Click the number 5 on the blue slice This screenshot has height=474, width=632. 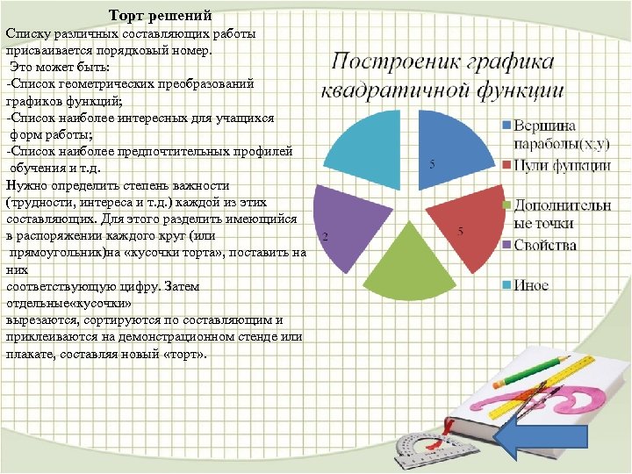(x=431, y=164)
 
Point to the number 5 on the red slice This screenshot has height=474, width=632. (x=460, y=231)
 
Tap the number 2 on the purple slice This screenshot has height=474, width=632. (x=325, y=237)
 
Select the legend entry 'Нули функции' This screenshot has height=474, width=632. (x=562, y=164)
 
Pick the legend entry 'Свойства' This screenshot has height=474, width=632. (x=544, y=244)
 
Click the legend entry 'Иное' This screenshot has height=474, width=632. (x=531, y=284)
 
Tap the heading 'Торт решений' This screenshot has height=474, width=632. (x=161, y=17)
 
